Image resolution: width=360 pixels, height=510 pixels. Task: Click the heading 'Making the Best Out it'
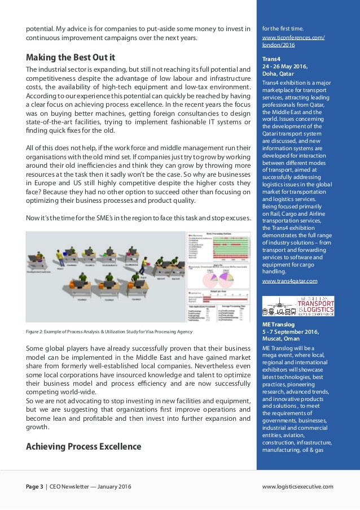pos(71,57)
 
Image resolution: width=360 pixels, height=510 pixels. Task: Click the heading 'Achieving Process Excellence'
pos(84,447)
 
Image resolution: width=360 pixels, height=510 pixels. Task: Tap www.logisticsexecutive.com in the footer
pos(298,486)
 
